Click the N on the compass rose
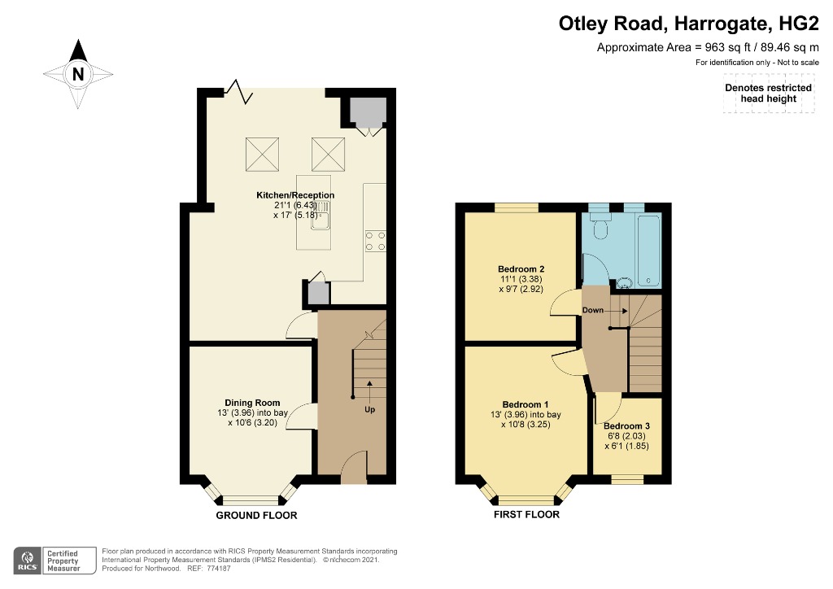78,74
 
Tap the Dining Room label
252,403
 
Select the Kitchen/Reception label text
295,195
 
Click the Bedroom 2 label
521,268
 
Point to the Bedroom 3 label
627,426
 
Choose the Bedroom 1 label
526,404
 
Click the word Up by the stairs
370,409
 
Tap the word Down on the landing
593,310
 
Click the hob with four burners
376,241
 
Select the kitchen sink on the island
321,215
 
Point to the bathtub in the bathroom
649,251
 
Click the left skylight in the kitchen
263,154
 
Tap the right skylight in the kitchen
329,154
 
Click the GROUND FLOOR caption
256,515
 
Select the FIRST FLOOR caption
526,514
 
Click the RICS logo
28,561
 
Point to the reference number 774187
218,569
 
